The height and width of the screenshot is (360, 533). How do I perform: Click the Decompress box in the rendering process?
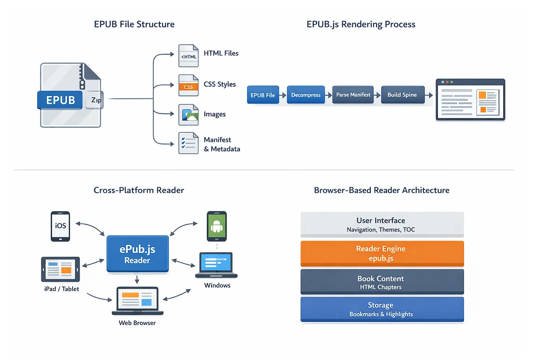(x=306, y=95)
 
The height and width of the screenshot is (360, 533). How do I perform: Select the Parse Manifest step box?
(x=353, y=95)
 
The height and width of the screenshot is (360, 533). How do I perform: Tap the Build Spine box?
(x=403, y=95)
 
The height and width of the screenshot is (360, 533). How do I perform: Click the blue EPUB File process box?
(x=263, y=95)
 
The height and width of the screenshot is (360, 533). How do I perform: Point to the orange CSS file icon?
(x=188, y=85)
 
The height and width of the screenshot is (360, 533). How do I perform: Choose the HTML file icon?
(x=188, y=56)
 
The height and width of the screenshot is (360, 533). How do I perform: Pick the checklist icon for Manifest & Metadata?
(x=188, y=143)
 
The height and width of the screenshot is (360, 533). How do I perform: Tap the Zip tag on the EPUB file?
(x=95, y=100)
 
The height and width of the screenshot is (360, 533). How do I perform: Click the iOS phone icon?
(x=60, y=226)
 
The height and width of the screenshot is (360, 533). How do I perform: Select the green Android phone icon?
(x=217, y=226)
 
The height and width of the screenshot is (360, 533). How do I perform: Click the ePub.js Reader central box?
(x=137, y=254)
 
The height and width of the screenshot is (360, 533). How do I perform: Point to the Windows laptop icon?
(x=216, y=265)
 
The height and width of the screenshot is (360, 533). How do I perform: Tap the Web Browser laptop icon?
(x=137, y=301)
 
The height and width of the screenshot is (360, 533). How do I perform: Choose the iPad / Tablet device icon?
(x=61, y=269)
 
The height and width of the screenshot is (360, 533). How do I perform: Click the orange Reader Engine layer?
(x=382, y=254)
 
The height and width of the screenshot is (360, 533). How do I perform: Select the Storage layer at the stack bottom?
(x=382, y=309)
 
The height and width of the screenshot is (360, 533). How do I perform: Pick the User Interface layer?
(x=382, y=225)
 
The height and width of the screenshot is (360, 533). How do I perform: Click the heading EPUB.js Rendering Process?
(x=361, y=24)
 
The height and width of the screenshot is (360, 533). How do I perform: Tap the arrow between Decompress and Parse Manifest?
(x=328, y=95)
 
